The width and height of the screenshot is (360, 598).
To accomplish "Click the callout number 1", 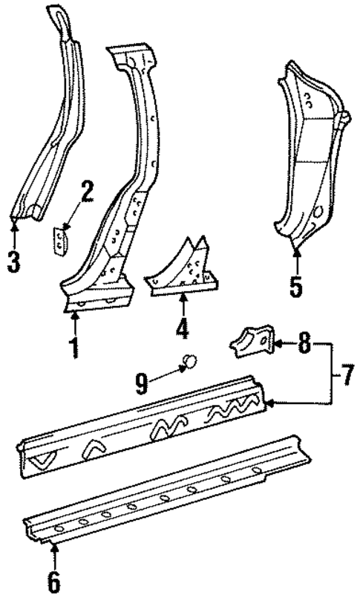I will tap(74, 347).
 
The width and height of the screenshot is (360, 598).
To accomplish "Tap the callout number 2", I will tap(87, 195).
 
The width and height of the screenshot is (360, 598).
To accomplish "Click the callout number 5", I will tap(296, 286).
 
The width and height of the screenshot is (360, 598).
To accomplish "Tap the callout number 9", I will tap(142, 383).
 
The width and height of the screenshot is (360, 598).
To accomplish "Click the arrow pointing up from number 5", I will tap(296, 260).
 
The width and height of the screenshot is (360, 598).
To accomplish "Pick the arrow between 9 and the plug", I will tap(166, 375).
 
